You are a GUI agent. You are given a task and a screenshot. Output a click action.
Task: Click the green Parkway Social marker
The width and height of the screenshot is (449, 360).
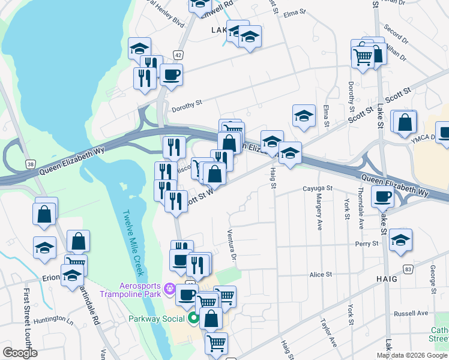tap(193, 318)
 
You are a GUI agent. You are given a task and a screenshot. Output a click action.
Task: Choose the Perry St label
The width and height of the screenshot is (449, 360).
tap(366, 244)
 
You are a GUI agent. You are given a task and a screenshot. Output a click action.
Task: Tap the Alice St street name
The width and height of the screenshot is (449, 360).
tap(321, 274)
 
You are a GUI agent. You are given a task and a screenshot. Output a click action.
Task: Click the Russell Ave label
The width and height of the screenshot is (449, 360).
tap(411, 313)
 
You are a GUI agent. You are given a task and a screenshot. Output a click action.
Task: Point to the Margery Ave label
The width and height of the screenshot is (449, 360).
tap(319, 215)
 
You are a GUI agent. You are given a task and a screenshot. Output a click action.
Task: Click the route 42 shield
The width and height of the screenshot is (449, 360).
tap(178, 55)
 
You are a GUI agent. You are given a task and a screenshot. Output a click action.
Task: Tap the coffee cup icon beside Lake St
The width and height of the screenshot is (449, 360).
tap(382, 196)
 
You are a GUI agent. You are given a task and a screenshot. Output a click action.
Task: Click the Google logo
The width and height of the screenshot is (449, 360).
tap(20, 353)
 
